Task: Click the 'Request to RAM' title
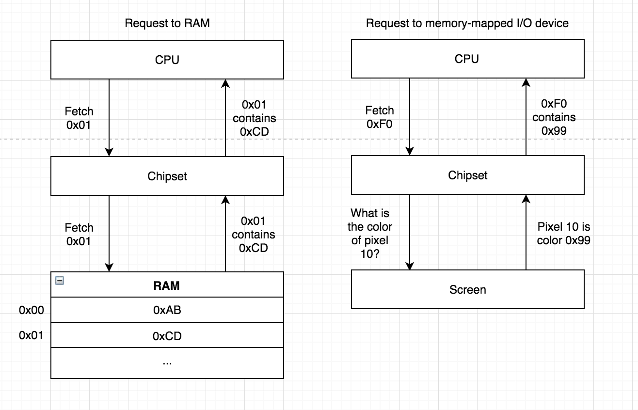click(x=167, y=23)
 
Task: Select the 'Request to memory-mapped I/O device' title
click(x=467, y=23)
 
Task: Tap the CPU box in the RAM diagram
click(x=167, y=60)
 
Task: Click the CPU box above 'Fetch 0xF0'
click(x=468, y=59)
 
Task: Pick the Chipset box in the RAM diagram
click(x=167, y=175)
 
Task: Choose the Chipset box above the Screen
click(x=468, y=175)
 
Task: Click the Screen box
click(x=468, y=289)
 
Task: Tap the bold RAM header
click(x=167, y=285)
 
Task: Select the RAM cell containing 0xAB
click(x=167, y=310)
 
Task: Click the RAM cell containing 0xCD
click(x=167, y=335)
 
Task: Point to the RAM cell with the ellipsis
click(x=167, y=363)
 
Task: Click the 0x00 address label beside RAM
click(x=32, y=310)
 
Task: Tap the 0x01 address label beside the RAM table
click(x=31, y=335)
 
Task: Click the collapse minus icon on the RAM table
click(x=60, y=281)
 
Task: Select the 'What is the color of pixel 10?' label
click(x=370, y=234)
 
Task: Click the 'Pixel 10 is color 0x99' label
click(x=564, y=234)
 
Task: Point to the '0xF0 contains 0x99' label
click(x=554, y=117)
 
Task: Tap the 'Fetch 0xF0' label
click(x=380, y=117)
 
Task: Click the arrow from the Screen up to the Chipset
click(x=526, y=232)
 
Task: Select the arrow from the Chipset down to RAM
click(x=109, y=234)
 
